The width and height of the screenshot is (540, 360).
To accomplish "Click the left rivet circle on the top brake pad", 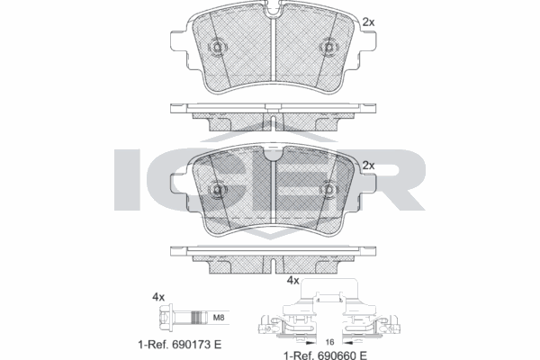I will pos(217,48).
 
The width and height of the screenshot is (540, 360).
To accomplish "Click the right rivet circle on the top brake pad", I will pos(328,48).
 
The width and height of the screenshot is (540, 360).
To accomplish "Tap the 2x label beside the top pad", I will pos(367,21).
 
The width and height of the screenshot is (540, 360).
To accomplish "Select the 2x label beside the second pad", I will pos(367,166).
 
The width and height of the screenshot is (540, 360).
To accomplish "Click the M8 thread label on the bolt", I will pos(219,316).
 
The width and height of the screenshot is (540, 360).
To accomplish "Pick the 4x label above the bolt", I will pos(159,296).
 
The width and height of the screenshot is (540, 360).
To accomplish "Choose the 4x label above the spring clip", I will pos(292,281).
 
